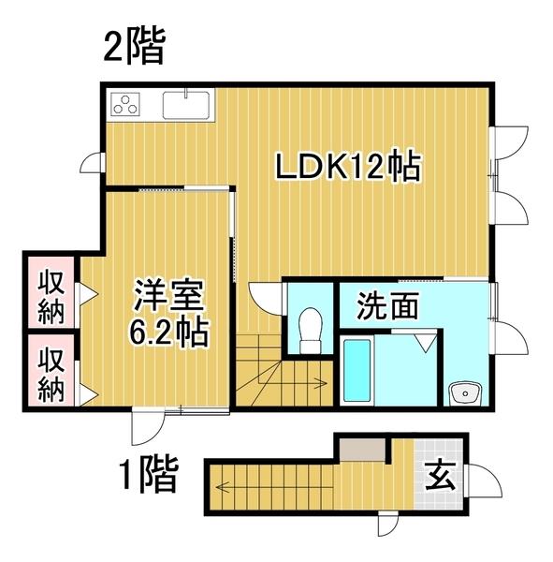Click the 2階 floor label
pyautogui.click(x=135, y=47)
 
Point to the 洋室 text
pyautogui.click(x=168, y=298)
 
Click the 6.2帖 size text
pyautogui.click(x=168, y=332)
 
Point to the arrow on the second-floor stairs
pyautogui.click(x=320, y=382)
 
